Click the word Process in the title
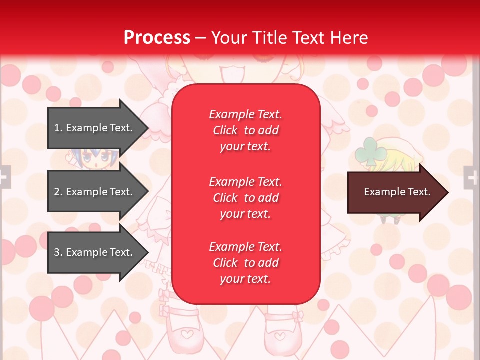click(x=157, y=38)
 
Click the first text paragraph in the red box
click(x=245, y=130)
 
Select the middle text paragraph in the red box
click(x=245, y=198)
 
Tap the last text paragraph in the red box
click(x=245, y=263)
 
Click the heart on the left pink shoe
click(x=186, y=333)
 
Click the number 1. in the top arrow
click(x=58, y=128)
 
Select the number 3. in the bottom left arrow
click(x=58, y=252)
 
